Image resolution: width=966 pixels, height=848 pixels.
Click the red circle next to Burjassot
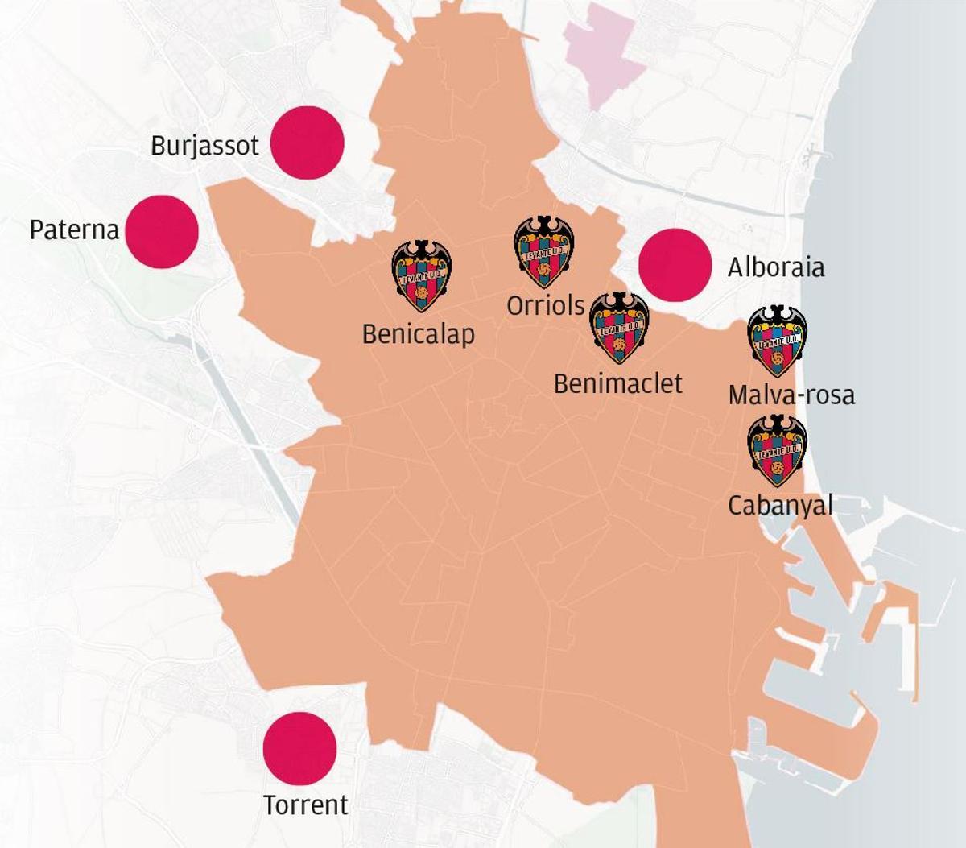(307, 143)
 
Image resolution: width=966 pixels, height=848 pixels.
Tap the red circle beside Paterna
(162, 231)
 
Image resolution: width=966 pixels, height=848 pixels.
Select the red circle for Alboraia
(675, 265)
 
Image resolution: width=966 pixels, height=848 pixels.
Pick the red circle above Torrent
(299, 748)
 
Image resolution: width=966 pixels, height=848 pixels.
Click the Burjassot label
(204, 146)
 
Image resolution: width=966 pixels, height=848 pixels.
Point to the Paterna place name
(74, 230)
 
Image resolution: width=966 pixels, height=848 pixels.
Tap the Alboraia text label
(776, 267)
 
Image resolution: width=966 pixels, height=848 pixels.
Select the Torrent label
(306, 805)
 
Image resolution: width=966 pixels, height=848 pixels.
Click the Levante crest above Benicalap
(421, 275)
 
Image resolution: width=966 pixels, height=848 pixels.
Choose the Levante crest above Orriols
(544, 251)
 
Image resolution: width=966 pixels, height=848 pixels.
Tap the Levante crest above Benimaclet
(619, 327)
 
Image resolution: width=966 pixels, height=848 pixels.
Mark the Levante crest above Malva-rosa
(777, 341)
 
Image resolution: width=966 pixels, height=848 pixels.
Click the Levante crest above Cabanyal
(777, 451)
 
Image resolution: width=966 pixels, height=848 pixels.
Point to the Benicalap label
(418, 334)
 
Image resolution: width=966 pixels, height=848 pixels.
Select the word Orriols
(545, 306)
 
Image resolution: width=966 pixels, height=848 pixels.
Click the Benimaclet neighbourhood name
(617, 384)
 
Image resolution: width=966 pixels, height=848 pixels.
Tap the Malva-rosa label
(791, 395)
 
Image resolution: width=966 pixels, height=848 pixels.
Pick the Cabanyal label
(780, 506)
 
